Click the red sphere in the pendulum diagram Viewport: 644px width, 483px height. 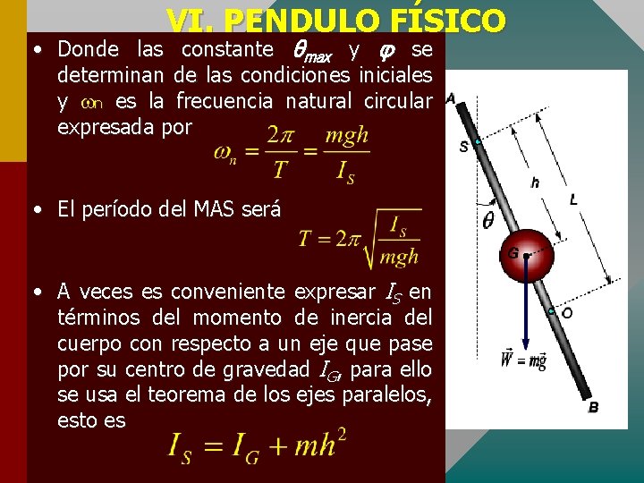(526, 255)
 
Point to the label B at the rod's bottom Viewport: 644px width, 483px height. (593, 408)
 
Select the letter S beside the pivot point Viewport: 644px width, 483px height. (463, 147)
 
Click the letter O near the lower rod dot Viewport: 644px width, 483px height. (566, 313)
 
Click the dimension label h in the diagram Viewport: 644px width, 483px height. (535, 182)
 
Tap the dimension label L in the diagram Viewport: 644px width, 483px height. (573, 199)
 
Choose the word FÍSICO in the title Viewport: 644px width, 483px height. (452, 21)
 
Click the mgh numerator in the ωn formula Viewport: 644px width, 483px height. (346, 136)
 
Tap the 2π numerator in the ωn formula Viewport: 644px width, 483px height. (281, 136)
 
